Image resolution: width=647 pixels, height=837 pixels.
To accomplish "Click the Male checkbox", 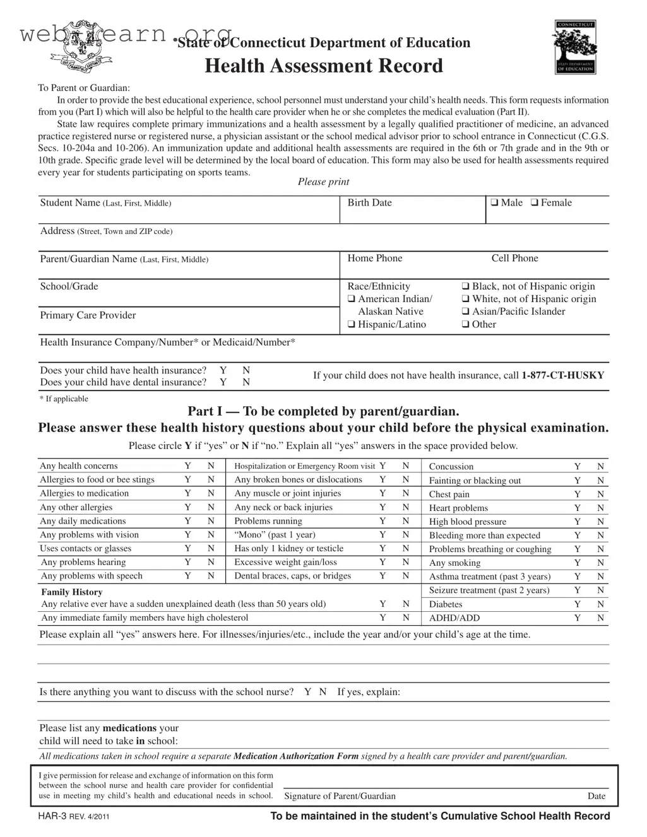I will point(495,203).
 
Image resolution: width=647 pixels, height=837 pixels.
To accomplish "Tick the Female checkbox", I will point(535,203).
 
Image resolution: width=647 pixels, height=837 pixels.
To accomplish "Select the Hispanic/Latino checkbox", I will point(352,325).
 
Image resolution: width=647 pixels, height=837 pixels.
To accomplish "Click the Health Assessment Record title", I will point(324,66).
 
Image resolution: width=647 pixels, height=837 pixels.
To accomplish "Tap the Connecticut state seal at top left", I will point(80,54).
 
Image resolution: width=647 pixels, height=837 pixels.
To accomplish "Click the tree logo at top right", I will point(574,47).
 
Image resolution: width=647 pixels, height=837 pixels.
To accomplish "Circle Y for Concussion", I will point(577,467).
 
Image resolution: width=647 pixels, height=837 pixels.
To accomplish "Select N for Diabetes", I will point(601,604).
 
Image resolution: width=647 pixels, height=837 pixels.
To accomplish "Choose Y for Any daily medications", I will point(187,521).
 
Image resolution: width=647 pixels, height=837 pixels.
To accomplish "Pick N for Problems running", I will point(406,521).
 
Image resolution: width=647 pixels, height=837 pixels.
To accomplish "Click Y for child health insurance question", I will point(223,370).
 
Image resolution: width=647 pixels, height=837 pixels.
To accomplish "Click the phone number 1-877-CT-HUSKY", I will point(562,375).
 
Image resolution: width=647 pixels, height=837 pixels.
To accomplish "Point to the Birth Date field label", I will point(369,203).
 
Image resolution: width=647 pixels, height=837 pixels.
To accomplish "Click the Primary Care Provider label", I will point(88,315).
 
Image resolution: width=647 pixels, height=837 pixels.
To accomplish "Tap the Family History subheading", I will point(71,592).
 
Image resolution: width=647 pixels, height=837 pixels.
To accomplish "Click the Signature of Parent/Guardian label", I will point(340,796).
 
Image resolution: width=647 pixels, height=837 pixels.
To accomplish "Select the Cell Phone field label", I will point(514,259).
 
